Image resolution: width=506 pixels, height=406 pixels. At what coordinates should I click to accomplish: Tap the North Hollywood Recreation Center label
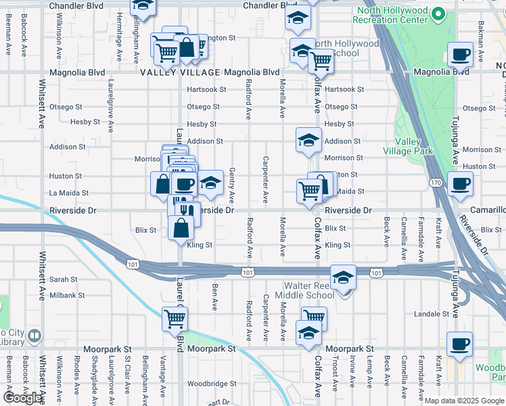pyautogui.click(x=397, y=20)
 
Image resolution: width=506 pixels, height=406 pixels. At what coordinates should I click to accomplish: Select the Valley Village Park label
pyautogui.click(x=407, y=146)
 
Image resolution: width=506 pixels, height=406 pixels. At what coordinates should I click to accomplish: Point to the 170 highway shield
pyautogui.click(x=436, y=183)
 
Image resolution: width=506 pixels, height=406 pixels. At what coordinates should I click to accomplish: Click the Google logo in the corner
pyautogui.click(x=22, y=397)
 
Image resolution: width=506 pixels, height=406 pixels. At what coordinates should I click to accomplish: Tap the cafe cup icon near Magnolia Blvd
pyautogui.click(x=460, y=54)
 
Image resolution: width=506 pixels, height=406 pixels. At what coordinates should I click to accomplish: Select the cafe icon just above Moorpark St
pyautogui.click(x=459, y=344)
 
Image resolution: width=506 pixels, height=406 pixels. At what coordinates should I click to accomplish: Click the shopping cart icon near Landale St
pyautogui.click(x=314, y=318)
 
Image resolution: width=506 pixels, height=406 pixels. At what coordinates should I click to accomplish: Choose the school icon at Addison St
pyautogui.click(x=308, y=140)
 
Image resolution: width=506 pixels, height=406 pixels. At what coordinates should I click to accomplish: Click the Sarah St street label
pyautogui.click(x=64, y=279)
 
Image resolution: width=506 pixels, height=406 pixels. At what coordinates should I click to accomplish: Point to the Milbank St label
pyautogui.click(x=67, y=295)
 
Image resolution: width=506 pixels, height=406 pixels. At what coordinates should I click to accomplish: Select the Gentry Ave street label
pyautogui.click(x=231, y=186)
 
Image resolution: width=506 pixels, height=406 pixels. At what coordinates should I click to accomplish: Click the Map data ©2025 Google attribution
pyautogui.click(x=463, y=401)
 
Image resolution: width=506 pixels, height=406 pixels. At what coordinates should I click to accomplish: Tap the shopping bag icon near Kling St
pyautogui.click(x=182, y=229)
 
